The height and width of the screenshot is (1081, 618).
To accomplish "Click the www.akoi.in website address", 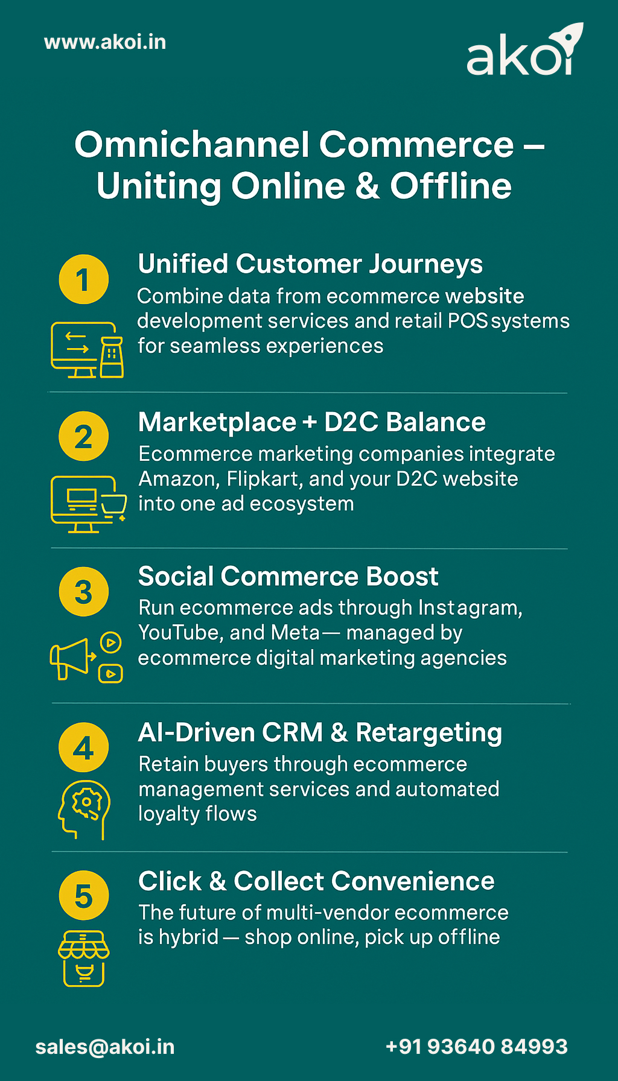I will (x=105, y=42).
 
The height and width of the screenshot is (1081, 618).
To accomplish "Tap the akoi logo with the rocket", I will (x=524, y=51).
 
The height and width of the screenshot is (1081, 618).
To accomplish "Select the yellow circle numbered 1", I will (x=84, y=279).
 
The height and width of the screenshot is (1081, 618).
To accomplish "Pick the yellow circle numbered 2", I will (x=84, y=436).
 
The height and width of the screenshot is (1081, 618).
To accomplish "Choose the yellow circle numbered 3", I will (x=84, y=592).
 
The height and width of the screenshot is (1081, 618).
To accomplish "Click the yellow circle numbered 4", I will (x=84, y=747).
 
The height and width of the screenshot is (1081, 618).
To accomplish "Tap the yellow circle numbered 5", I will (x=84, y=896).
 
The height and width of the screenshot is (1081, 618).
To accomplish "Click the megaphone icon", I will (x=72, y=658).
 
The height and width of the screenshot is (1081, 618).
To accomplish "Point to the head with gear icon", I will (x=84, y=809).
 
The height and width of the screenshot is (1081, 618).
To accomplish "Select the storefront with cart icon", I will (x=84, y=958).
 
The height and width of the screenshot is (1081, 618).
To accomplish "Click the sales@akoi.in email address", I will (x=105, y=1047).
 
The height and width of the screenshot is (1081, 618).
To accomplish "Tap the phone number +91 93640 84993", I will (x=477, y=1047).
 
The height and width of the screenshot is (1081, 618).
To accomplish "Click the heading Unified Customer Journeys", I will (x=310, y=264).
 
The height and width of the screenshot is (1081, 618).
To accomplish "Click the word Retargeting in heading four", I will (x=428, y=733).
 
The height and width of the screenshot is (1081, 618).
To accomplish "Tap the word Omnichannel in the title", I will (x=192, y=145).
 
